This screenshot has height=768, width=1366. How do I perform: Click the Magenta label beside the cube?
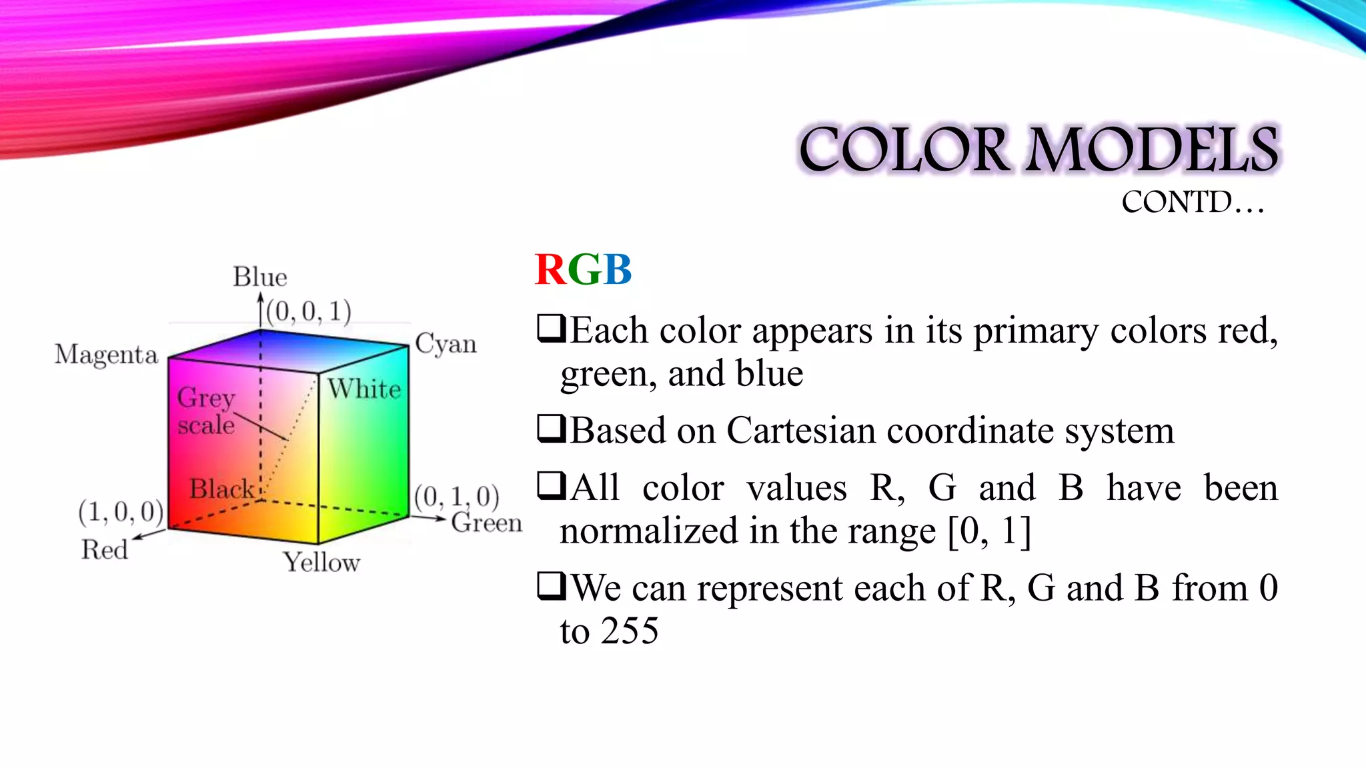point(106,355)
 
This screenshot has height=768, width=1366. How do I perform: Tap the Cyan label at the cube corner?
point(446,344)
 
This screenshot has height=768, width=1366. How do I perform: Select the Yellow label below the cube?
point(321,562)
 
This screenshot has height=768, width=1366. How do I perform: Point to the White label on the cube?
point(364,389)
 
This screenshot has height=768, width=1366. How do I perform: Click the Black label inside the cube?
point(221,489)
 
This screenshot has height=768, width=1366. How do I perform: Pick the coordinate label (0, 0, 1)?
point(309,311)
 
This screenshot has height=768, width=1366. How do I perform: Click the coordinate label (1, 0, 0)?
point(121,512)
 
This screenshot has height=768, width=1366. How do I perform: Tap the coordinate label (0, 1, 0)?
point(457,497)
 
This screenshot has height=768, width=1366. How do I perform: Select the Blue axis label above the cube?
point(259,277)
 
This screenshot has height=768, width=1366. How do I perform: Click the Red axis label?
point(105,549)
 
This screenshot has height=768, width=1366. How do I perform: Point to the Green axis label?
point(486,523)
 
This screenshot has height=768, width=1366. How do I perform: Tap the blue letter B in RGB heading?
point(618,270)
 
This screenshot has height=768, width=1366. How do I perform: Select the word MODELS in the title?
point(1152,150)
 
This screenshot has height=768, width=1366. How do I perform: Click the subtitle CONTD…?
point(1193,202)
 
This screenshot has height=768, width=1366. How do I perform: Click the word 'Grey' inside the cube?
point(205,398)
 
